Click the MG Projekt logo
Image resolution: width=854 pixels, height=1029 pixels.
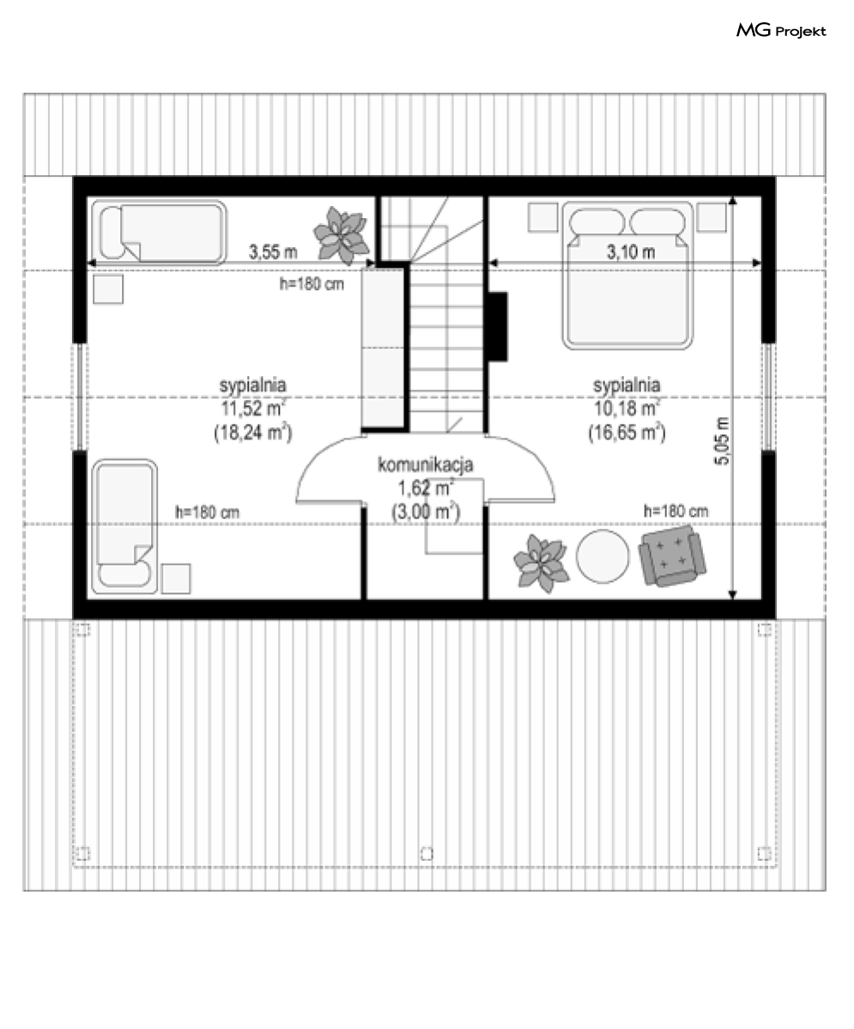pyautogui.click(x=780, y=30)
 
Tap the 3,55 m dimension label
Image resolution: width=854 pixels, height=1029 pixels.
pyautogui.click(x=272, y=251)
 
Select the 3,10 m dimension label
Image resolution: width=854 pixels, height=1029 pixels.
pyautogui.click(x=630, y=251)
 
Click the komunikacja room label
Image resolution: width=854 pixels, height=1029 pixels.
pyautogui.click(x=426, y=464)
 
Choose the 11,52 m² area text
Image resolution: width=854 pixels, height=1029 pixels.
pyautogui.click(x=252, y=409)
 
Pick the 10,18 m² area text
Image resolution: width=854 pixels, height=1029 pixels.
pyautogui.click(x=627, y=409)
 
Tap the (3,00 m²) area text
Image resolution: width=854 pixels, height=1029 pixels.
pyautogui.click(x=426, y=511)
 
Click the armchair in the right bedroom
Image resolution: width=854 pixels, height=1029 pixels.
pyautogui.click(x=672, y=558)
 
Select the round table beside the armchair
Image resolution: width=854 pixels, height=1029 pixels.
pyautogui.click(x=603, y=556)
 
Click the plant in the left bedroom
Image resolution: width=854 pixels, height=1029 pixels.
pyautogui.click(x=340, y=234)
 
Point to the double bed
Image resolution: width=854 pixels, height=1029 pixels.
pyautogui.click(x=627, y=275)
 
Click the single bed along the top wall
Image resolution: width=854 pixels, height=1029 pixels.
pyautogui.click(x=159, y=232)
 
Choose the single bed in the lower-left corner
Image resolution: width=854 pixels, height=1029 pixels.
pyautogui.click(x=124, y=526)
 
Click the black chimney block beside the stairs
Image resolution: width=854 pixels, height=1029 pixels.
pyautogui.click(x=498, y=327)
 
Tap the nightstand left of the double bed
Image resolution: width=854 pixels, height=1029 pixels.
pyautogui.click(x=542, y=216)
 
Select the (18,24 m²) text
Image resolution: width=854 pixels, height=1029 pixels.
pyautogui.click(x=252, y=433)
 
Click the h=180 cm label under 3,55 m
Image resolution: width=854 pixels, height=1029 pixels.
pyautogui.click(x=312, y=284)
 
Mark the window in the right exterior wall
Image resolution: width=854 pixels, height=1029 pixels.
pyautogui.click(x=768, y=396)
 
